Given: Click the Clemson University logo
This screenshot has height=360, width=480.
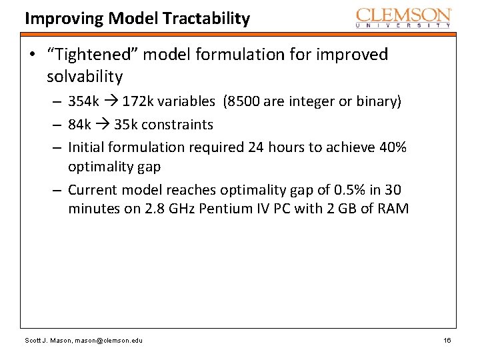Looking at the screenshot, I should pos(403,17).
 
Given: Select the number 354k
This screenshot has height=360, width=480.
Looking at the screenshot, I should pos(84,102).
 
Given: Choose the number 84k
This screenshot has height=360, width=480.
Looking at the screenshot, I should pos(80,125).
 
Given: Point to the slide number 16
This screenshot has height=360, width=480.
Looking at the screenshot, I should pos(447,341).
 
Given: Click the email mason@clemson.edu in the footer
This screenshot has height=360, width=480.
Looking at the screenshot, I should pos(109,341).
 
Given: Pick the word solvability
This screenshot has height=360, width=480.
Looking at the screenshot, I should pos(85,77).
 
